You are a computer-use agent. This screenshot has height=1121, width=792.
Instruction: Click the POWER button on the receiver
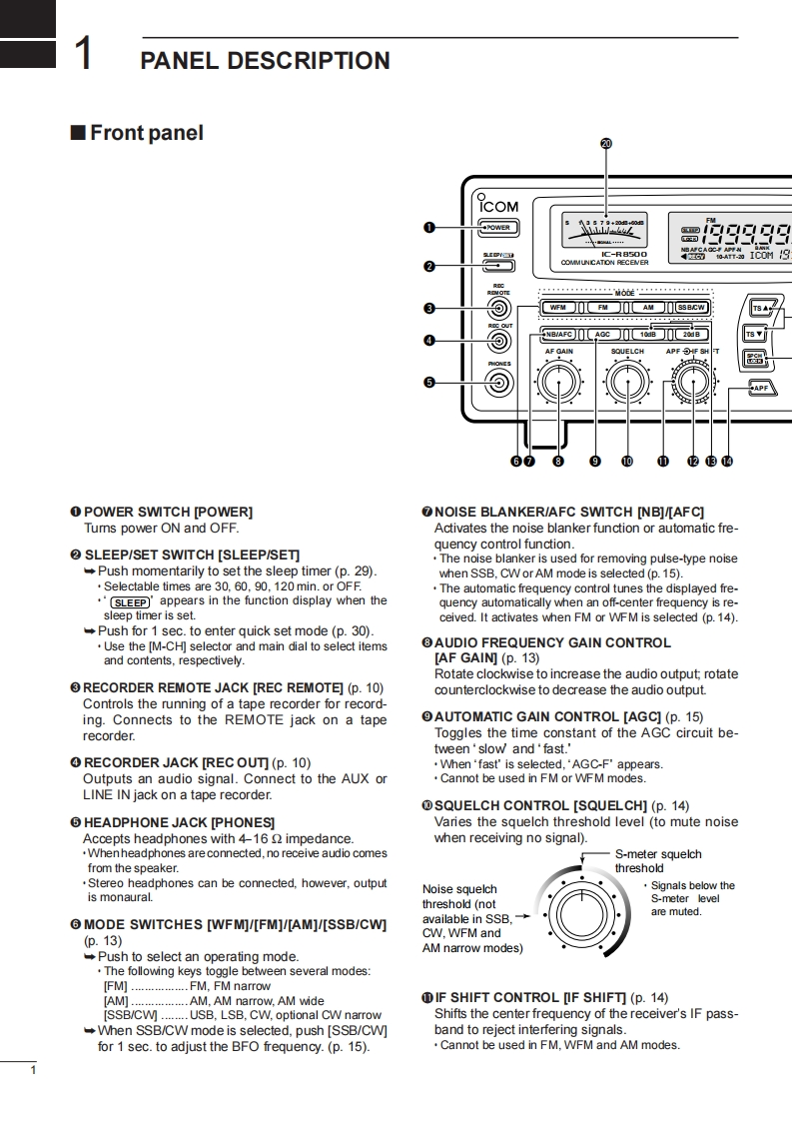498,228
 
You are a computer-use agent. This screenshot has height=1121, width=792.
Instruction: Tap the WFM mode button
559,308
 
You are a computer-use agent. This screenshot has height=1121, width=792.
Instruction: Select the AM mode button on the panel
648,308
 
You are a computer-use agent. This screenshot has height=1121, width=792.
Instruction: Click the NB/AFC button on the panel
559,334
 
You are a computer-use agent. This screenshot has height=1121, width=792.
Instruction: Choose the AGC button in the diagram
602,334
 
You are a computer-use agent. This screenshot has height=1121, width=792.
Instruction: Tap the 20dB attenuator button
691,334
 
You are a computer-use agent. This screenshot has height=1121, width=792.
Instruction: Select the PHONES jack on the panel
499,382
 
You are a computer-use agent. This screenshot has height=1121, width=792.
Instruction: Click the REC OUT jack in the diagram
499,341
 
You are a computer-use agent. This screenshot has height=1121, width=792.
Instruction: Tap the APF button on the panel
761,388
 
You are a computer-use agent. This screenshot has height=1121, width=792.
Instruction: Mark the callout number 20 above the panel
606,143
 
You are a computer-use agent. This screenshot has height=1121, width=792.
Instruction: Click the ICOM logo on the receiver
498,206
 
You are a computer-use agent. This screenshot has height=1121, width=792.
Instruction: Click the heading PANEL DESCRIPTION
265,61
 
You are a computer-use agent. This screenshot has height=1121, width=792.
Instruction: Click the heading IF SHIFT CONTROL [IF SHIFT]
540,997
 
